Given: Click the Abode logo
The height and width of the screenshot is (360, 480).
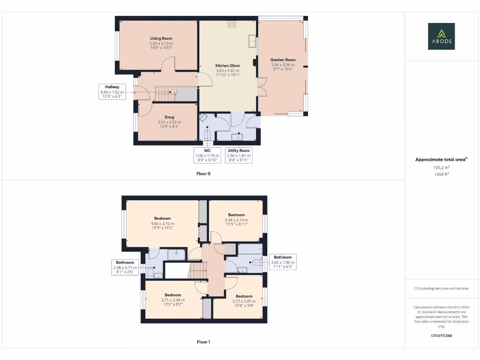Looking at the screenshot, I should point(441,37).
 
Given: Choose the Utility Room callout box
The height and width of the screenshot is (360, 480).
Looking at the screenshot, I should point(239,155).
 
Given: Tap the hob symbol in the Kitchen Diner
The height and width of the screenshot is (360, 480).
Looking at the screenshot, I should point(232,24).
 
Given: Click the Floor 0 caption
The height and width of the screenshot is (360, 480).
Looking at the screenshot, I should point(203,173).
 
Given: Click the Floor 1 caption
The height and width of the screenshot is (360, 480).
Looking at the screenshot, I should point(203,342).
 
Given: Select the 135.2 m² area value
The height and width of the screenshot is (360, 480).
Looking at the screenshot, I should point(441,167).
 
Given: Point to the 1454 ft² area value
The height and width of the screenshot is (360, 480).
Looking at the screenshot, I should point(441,174).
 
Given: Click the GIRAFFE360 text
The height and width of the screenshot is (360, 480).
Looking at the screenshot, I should point(441,336).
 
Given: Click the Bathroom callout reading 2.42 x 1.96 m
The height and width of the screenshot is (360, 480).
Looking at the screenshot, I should point(283,262).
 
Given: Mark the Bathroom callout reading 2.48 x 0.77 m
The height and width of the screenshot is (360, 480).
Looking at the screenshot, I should point(125,267).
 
